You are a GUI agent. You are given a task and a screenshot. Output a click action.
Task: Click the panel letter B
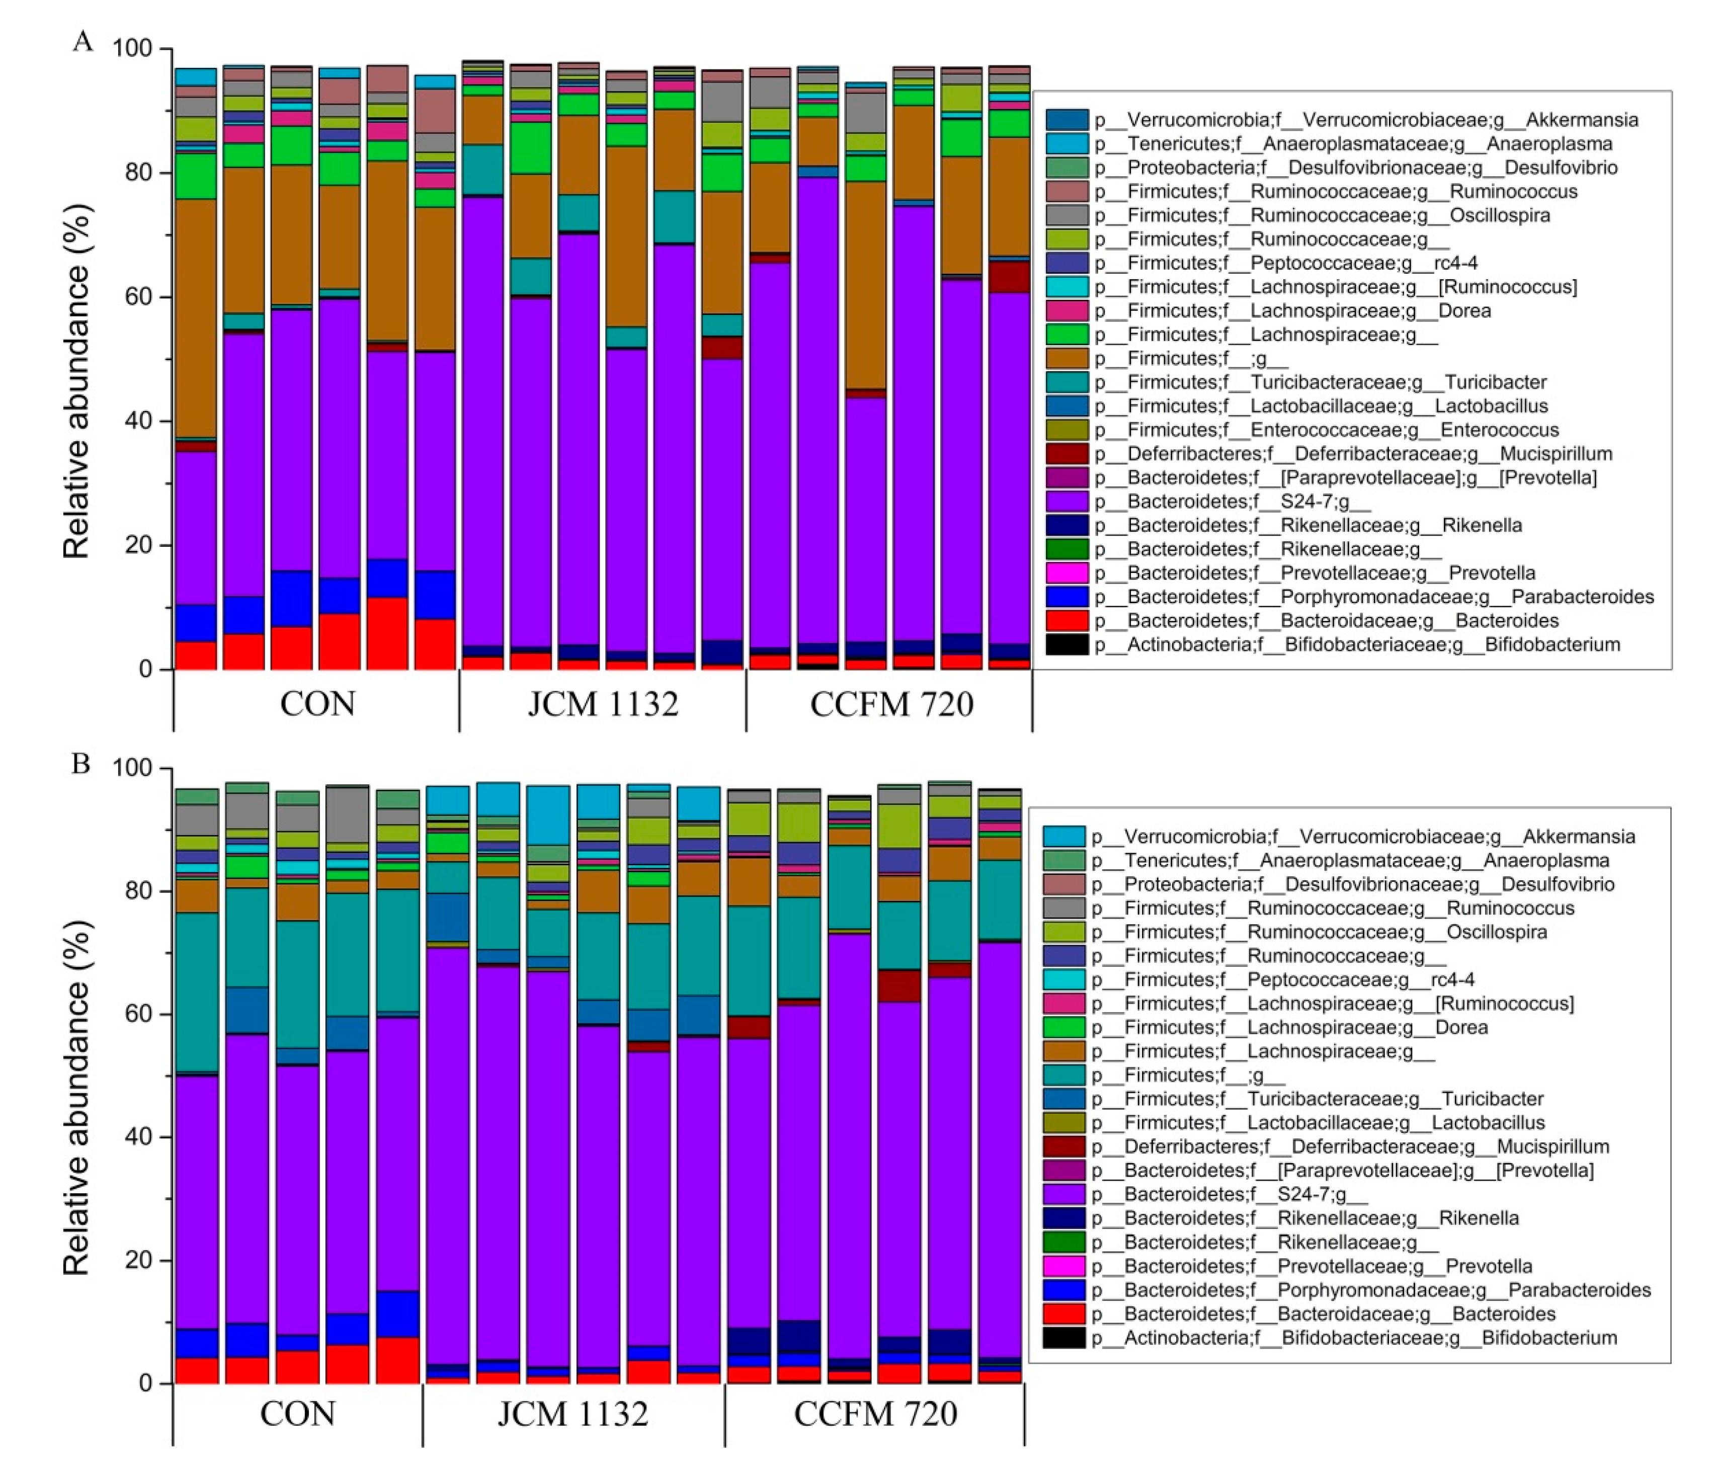click(x=80, y=763)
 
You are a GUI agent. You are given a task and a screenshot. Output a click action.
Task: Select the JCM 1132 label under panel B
click(x=572, y=1414)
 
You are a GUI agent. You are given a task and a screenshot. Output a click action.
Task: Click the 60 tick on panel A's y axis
click(x=133, y=297)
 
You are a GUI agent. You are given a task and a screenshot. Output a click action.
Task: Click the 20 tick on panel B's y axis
click(x=133, y=1260)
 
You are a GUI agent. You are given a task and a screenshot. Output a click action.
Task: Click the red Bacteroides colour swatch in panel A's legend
click(x=1066, y=621)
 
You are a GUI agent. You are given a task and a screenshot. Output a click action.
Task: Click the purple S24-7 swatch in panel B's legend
click(x=1063, y=1195)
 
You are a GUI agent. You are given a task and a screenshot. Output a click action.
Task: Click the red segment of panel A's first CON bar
click(x=196, y=655)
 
